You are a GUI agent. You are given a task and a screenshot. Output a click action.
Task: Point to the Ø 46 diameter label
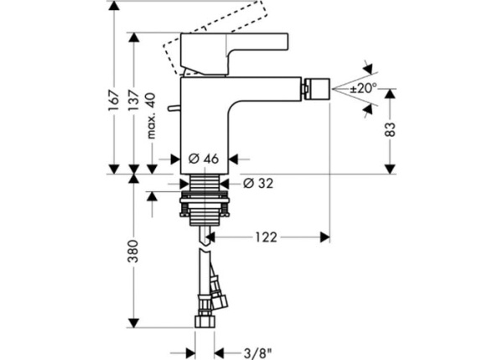point(204,158)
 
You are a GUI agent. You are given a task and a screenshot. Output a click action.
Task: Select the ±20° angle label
point(364,86)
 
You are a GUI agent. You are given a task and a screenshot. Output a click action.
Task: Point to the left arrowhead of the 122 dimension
point(210,237)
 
